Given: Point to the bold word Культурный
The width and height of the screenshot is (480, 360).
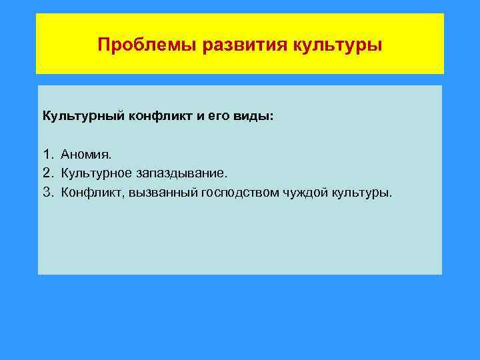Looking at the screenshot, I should pos(75,116).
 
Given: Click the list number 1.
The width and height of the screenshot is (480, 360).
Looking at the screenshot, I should pos(47,155).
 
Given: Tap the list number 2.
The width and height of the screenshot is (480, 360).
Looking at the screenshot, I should pos(47,174).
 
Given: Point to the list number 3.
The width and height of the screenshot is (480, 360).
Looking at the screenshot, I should pos(47,193).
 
